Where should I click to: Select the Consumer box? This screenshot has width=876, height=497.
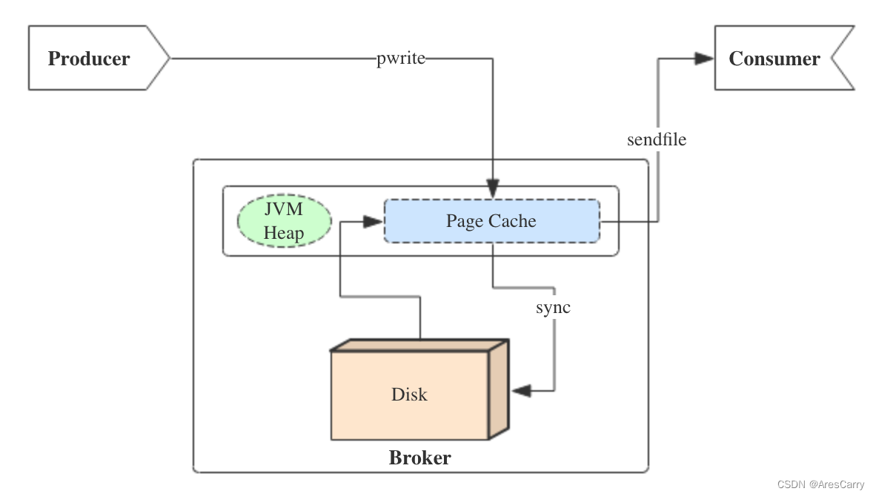(x=774, y=59)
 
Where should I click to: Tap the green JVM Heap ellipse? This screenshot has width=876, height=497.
(x=284, y=221)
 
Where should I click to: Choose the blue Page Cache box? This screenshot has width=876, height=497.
(x=491, y=220)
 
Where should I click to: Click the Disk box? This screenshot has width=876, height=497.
(x=410, y=394)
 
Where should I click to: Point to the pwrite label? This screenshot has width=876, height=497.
(x=401, y=59)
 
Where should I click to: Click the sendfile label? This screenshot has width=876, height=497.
(x=657, y=139)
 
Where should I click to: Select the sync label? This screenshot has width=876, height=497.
(x=554, y=306)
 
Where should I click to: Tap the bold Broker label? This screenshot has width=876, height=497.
(x=419, y=457)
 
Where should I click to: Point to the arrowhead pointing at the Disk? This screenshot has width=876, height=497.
(x=522, y=390)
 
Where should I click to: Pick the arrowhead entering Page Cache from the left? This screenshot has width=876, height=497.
(x=373, y=220)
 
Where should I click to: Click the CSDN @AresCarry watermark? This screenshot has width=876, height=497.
(x=820, y=484)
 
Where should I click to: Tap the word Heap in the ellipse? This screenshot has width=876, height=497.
(x=284, y=233)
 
